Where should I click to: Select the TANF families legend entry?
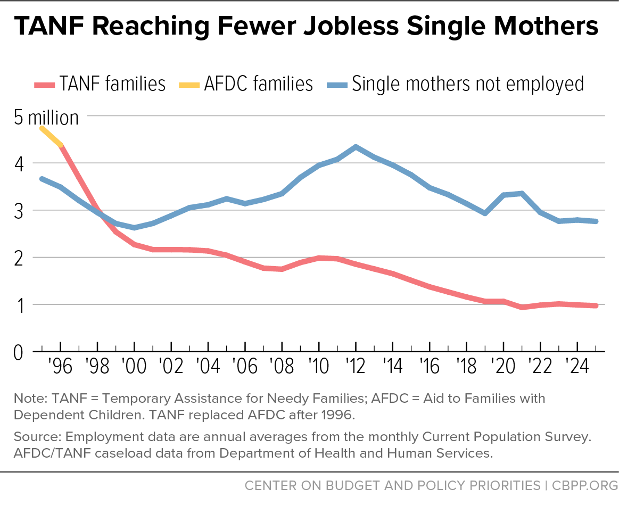pos(100,84)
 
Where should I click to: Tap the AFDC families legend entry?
pos(246,84)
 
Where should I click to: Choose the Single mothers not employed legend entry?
pos(456,84)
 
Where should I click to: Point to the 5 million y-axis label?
pos(46,118)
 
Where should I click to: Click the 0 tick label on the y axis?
pos(19,352)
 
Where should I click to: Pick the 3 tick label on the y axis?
pos(19,211)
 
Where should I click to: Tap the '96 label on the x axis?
pos(60,366)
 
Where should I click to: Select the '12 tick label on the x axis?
pos(356,366)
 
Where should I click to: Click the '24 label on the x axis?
pos(577,366)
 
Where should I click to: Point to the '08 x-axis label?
pos(282,366)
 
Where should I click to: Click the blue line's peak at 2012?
pos(356,147)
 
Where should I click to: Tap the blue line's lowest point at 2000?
pos(135,228)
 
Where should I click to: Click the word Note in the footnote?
pos(30,399)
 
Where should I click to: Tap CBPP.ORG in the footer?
pos(585,485)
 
